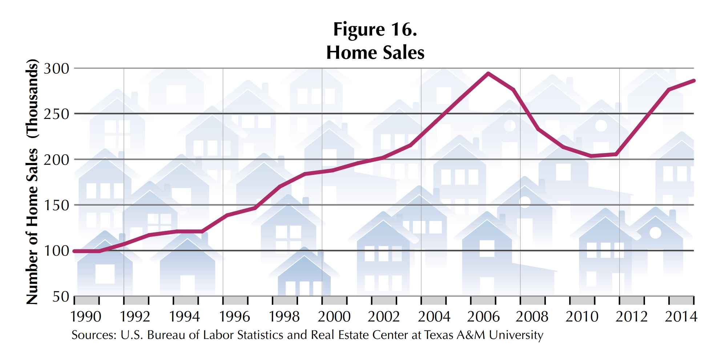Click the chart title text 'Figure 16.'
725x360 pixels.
tap(375, 29)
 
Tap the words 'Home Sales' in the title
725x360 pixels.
tap(375, 52)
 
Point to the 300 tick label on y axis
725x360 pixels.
tap(56, 68)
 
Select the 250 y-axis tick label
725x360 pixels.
tap(56, 114)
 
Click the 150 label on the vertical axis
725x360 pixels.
tap(56, 205)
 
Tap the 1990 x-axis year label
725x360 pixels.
tap(86, 317)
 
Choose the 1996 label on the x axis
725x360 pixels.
tap(234, 317)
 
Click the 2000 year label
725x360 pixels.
tap(334, 317)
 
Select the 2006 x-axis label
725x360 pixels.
tap(483, 317)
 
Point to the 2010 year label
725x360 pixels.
tap(582, 317)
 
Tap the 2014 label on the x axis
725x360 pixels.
tap(681, 317)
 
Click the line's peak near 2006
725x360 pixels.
tap(488, 73)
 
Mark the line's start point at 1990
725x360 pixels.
tap(74, 251)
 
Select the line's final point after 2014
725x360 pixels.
tap(693, 81)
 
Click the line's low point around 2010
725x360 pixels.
tap(591, 156)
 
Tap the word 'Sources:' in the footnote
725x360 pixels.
tap(94, 335)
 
